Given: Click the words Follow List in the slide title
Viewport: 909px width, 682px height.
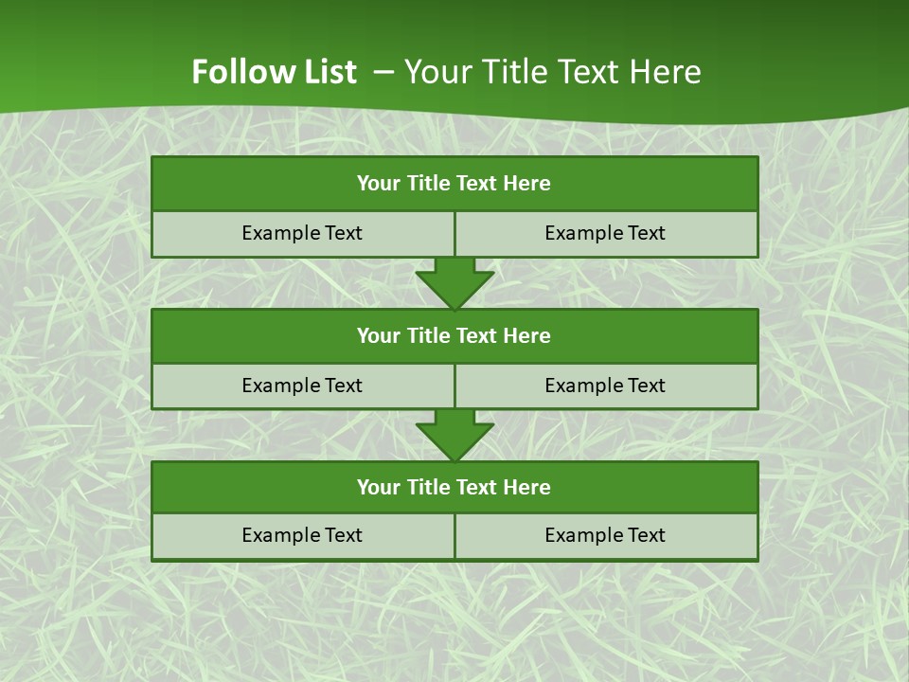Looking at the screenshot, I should (274, 72).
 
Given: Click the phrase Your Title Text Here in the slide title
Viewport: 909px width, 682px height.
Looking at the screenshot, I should (553, 72).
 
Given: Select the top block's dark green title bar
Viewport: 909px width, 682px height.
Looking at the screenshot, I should (454, 184).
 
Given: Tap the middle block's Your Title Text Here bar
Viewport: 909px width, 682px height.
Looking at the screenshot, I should (454, 336).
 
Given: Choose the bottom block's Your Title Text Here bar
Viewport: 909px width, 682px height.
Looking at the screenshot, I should (454, 488).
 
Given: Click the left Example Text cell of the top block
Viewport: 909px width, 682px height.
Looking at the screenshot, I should (302, 234).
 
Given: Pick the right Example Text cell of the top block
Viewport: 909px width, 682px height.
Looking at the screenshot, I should (606, 234).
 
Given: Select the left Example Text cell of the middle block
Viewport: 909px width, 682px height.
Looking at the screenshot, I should (302, 386).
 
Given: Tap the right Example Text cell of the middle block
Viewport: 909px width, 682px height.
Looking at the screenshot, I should (606, 386).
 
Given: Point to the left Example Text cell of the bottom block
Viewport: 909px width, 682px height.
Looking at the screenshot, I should (302, 536).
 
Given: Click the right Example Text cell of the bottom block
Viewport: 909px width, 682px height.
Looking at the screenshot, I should (606, 536).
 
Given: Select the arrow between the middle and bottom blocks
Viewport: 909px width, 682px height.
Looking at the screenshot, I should (454, 435).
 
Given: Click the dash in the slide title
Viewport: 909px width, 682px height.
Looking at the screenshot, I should (383, 72).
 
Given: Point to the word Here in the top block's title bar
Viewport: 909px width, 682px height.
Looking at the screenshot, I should (527, 184).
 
